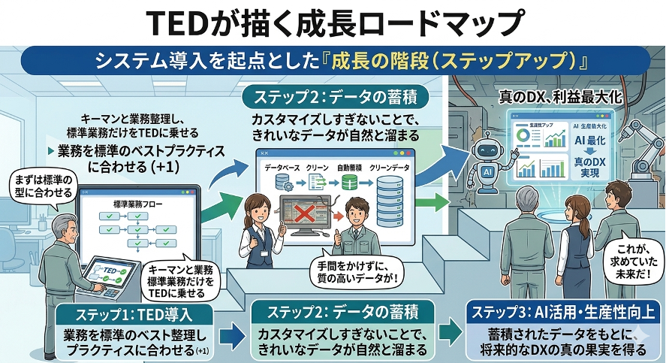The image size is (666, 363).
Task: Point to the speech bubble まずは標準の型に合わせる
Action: coord(38,186)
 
